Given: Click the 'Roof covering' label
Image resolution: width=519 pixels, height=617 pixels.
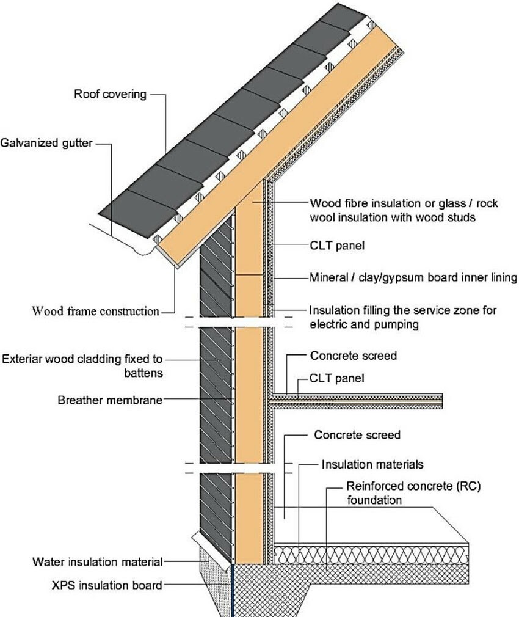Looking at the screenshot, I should tap(110, 94).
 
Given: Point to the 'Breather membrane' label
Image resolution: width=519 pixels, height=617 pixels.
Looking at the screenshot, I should tap(111, 401).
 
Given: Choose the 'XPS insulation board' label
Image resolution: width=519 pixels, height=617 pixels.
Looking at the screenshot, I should tap(107, 585).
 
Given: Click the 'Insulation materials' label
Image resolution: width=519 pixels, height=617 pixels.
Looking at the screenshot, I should tap(372, 465).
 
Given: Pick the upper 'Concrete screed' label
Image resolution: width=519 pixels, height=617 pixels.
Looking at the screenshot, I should tap(354, 356).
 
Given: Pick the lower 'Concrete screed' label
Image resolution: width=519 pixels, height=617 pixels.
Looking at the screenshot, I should tap(357, 436).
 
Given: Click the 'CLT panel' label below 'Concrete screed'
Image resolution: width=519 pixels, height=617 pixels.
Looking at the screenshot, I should tap(337, 379).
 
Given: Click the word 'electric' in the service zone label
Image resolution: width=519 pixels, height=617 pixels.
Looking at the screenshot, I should tap(328, 325).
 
